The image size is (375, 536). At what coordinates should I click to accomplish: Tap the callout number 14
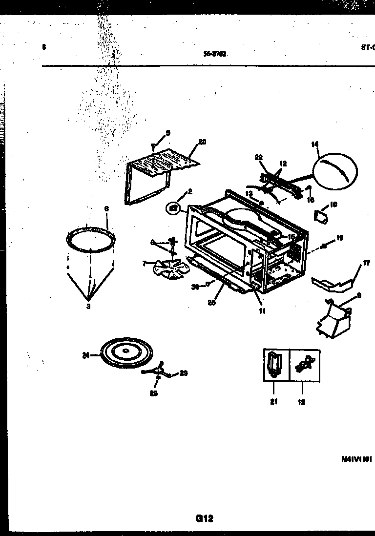tap(315, 144)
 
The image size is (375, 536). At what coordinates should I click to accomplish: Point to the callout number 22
tap(258, 157)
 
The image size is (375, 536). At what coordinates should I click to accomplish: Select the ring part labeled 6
tap(92, 239)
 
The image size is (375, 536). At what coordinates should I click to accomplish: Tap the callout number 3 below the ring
tap(88, 307)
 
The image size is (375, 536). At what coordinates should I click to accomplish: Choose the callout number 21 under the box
tap(273, 402)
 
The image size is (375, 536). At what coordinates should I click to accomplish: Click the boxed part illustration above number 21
tap(274, 365)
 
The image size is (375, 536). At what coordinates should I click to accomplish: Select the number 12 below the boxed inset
tap(302, 402)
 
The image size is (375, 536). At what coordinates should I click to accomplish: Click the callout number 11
tap(262, 310)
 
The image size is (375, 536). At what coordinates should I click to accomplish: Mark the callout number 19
tap(340, 238)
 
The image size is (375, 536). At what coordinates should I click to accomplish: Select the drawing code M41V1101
tap(357, 459)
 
